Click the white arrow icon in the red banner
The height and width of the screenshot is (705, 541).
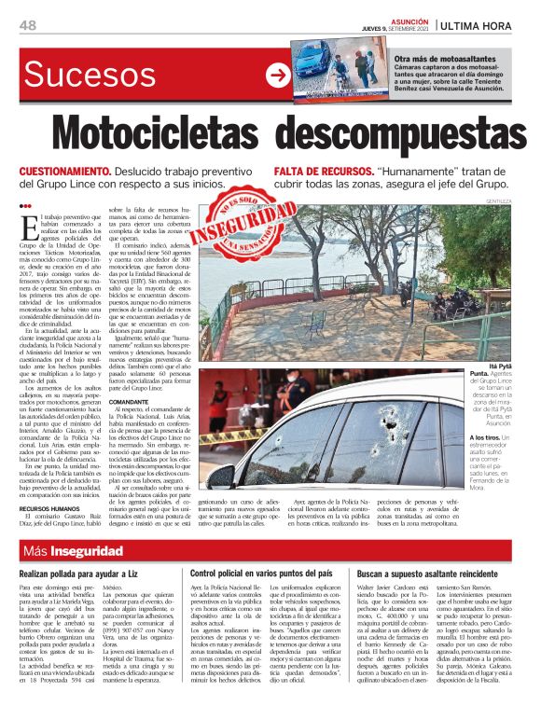[277, 76]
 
